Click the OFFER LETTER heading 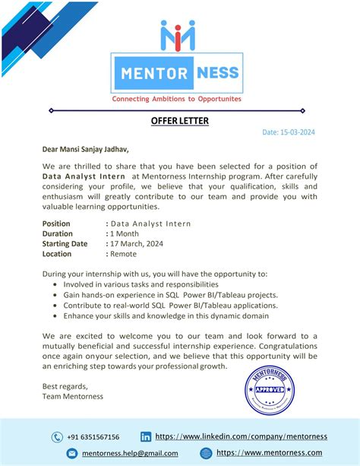tap(179, 121)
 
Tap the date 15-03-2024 tap(289, 132)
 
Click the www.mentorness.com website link tap(269, 453)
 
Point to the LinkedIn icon tap(146, 437)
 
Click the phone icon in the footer tap(57, 437)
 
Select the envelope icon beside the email tap(72, 453)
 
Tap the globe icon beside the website tap(206, 453)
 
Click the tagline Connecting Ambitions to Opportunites tap(176, 99)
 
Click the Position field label tap(57, 223)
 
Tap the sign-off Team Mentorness tap(73, 396)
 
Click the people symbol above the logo tap(177, 36)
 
